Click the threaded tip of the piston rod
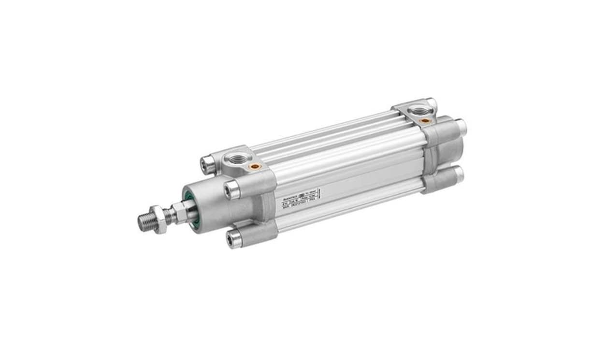click(145, 221)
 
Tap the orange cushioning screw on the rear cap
click(425, 120)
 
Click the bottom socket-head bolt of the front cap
click(235, 239)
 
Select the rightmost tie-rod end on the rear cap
click(461, 127)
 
